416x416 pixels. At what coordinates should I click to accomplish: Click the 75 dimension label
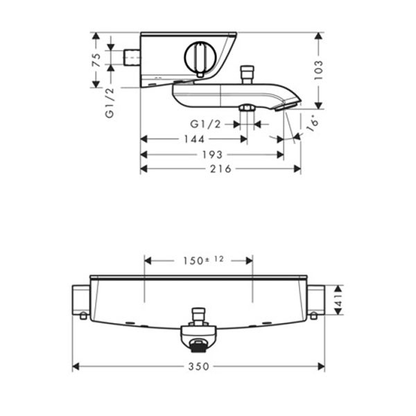96,60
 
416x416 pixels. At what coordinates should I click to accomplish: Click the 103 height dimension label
318,70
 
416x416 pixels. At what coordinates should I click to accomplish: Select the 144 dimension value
194,139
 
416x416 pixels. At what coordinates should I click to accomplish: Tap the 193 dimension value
212,155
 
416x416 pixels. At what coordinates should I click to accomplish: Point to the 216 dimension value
220,168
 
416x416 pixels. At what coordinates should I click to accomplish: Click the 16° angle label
312,123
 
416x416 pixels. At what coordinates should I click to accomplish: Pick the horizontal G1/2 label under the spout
206,124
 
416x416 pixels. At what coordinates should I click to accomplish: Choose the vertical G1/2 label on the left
110,103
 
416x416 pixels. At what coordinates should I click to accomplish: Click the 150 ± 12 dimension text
203,260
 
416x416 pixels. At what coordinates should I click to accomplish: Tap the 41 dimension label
339,300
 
